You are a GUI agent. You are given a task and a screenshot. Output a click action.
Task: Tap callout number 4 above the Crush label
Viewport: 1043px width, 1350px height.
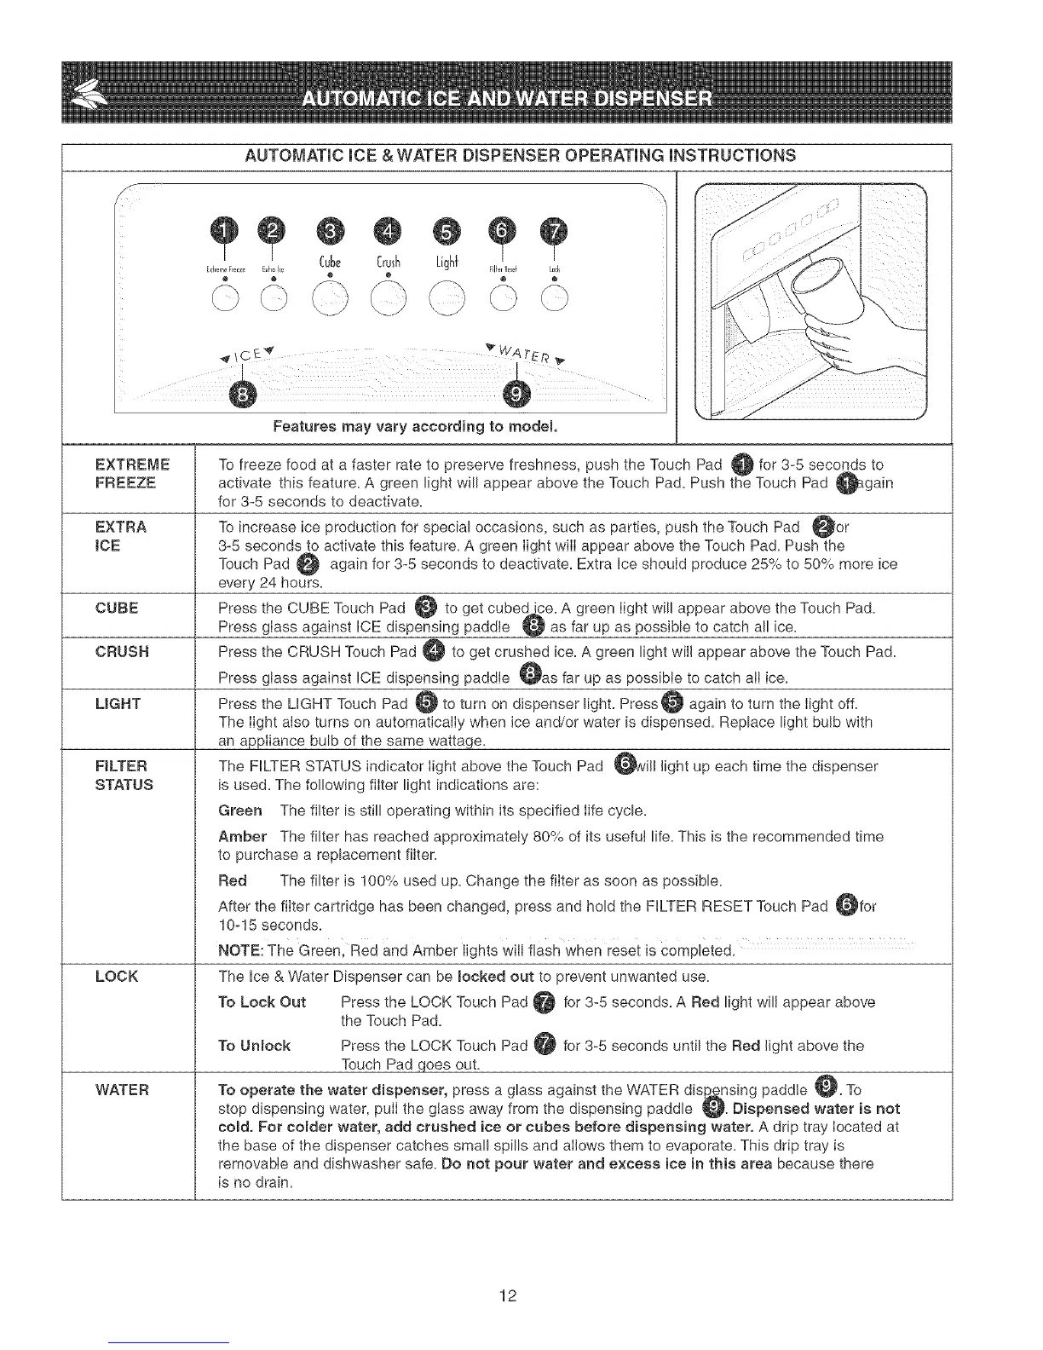pos(388,230)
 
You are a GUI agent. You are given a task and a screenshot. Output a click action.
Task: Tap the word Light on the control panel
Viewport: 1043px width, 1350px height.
pos(447,259)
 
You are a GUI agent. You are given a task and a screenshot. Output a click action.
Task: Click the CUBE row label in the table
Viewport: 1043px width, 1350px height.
pos(118,608)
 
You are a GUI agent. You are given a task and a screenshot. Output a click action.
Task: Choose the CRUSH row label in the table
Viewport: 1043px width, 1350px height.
pos(123,652)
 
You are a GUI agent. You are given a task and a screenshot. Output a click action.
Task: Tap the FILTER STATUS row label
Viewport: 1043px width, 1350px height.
pos(124,775)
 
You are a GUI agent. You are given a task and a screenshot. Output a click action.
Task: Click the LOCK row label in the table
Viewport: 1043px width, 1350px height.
pos(118,976)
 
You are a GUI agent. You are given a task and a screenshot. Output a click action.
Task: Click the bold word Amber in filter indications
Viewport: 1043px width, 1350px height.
pos(242,836)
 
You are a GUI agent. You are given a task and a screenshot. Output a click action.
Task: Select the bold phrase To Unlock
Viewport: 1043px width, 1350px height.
pos(254,1046)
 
